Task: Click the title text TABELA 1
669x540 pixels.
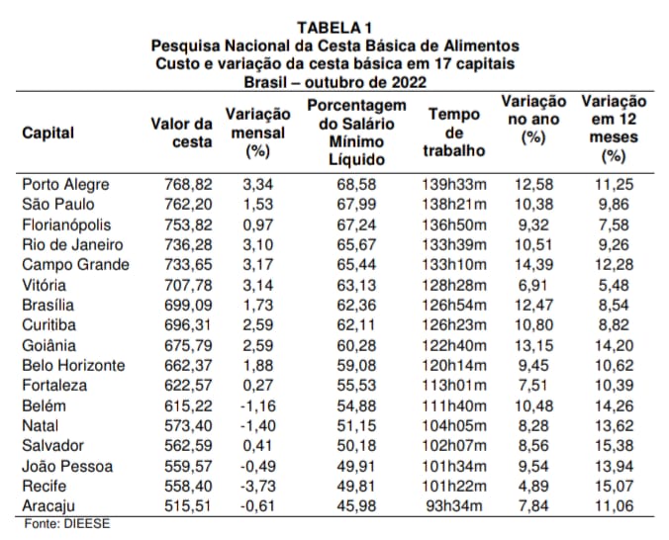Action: pos(334,28)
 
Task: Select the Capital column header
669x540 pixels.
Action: pos(48,133)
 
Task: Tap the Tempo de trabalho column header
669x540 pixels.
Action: pos(454,133)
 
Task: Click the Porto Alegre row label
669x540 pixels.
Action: pos(65,185)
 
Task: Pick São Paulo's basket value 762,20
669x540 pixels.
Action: pos(188,205)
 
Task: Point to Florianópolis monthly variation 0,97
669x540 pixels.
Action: pos(257,225)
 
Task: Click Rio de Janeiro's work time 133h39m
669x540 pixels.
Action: pos(454,245)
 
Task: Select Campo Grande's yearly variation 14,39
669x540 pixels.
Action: pos(533,265)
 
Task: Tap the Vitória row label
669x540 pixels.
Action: pos(44,285)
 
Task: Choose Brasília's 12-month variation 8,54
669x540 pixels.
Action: pos(614,305)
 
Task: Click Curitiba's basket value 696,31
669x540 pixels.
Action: pos(188,325)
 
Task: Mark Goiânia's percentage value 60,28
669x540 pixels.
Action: pos(356,345)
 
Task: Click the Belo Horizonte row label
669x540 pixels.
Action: pos(73,366)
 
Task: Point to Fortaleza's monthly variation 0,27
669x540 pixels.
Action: pos(257,386)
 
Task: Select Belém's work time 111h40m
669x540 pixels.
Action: pos(454,405)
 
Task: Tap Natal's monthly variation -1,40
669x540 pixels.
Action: pos(258,425)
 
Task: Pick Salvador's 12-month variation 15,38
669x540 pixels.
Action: pos(614,446)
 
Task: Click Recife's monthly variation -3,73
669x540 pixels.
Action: pos(258,487)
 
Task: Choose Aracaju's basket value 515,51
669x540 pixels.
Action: pos(188,506)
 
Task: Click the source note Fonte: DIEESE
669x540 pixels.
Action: pos(67,524)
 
